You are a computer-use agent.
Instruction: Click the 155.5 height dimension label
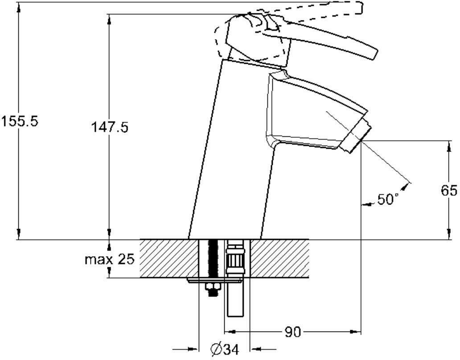(20, 121)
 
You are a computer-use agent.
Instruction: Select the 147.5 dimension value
(110, 127)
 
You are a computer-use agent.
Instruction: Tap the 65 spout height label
(449, 191)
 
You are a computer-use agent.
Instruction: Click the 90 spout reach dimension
(293, 332)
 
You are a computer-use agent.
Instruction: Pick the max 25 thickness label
(110, 259)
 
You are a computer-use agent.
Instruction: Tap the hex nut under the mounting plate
(211, 288)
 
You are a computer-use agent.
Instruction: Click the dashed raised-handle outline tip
(359, 8)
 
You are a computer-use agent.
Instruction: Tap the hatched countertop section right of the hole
(281, 258)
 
